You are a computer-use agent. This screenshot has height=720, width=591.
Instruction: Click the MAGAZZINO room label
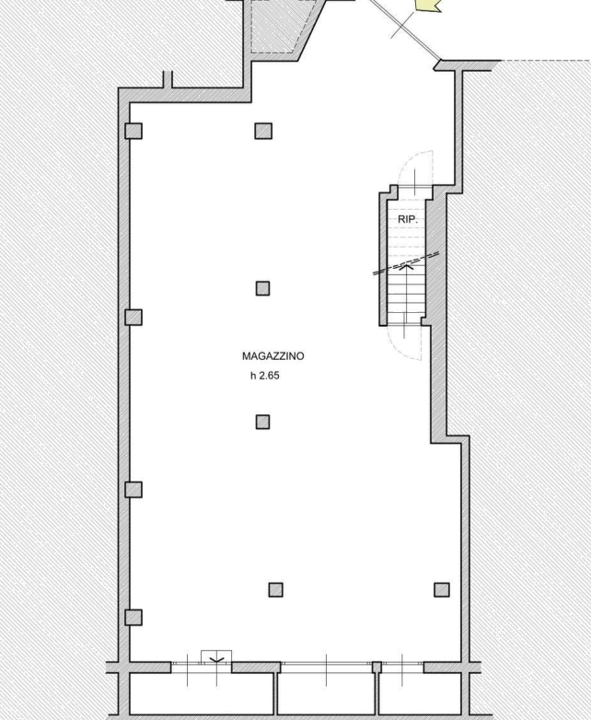click(272, 356)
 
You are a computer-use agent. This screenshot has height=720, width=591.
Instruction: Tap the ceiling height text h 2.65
click(265, 376)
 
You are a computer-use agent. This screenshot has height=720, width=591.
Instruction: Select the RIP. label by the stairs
click(408, 219)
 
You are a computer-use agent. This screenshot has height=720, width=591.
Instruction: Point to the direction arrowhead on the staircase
click(406, 266)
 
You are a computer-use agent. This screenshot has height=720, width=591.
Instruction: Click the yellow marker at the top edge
click(428, 5)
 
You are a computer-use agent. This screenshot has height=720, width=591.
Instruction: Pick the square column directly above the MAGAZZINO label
click(262, 288)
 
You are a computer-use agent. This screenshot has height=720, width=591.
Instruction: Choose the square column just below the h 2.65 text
click(262, 422)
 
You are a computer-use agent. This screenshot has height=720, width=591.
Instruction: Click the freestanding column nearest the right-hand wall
click(442, 589)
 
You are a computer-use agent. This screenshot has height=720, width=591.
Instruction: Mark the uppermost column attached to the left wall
click(133, 131)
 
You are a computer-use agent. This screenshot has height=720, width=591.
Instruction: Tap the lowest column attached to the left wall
click(133, 617)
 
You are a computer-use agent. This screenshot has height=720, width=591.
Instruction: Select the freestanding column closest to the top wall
click(263, 131)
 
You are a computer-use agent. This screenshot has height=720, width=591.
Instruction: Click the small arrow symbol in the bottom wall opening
click(216, 660)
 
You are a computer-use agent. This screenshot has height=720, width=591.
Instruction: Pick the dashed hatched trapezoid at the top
click(284, 28)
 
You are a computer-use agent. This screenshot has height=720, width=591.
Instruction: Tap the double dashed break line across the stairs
click(406, 263)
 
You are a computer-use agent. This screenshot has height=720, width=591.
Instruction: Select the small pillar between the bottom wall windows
click(377, 668)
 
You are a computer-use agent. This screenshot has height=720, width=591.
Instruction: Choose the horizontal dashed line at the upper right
click(546, 61)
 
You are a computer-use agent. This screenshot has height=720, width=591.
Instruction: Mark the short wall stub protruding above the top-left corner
click(168, 79)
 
